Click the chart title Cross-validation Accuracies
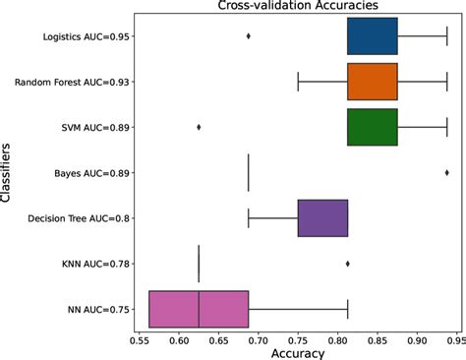point(293,7)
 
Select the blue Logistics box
point(373,36)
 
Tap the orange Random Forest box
point(373,82)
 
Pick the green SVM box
point(373,127)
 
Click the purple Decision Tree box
point(322,217)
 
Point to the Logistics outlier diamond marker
point(248,36)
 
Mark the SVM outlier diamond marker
point(199,127)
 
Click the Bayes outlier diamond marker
point(447,172)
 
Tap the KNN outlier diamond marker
point(348,263)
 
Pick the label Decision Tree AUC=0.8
point(77,217)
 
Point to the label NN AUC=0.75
point(96,308)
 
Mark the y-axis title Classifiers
point(8,172)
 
